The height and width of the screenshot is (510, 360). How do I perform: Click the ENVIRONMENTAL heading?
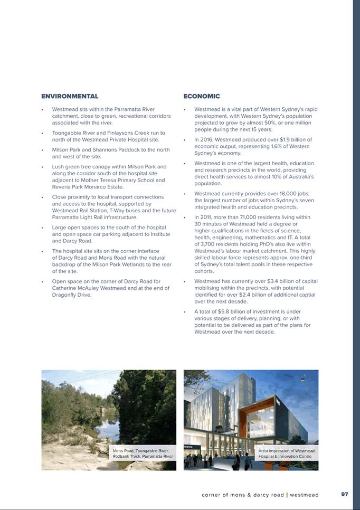click(70, 96)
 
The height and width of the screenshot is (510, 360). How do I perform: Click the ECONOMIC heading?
click(202, 96)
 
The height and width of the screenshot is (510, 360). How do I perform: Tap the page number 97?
click(345, 494)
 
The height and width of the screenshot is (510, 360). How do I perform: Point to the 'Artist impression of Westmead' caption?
click(287, 450)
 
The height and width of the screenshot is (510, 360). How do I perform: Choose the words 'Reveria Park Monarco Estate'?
click(88, 187)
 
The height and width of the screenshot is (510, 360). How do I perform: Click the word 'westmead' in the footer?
click(304, 495)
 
